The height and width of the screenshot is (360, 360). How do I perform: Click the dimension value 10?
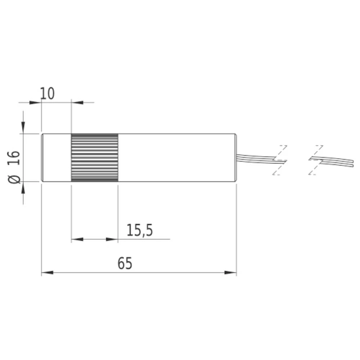tap(47, 94)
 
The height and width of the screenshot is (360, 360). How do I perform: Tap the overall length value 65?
tap(125, 264)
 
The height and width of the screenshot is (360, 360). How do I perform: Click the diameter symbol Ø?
tap(15, 178)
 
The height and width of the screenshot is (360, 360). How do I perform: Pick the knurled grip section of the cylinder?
tap(95, 158)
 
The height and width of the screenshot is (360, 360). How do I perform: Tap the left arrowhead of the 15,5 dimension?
tap(77, 239)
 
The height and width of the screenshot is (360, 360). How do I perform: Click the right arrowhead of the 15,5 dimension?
tap(112, 239)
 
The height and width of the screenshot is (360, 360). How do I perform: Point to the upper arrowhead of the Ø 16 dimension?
tap(23, 127)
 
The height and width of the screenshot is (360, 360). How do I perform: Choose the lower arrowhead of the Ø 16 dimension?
tap(23, 188)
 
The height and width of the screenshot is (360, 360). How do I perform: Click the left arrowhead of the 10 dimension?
tap(36, 103)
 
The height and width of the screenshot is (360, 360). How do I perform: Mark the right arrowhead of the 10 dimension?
tap(78, 103)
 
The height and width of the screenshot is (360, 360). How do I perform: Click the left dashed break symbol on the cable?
tap(280, 160)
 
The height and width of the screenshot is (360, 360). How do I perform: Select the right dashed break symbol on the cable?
tap(316, 160)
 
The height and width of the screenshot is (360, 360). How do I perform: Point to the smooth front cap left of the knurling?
tap(57, 158)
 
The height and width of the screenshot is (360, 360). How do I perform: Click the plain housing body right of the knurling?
tap(176, 158)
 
